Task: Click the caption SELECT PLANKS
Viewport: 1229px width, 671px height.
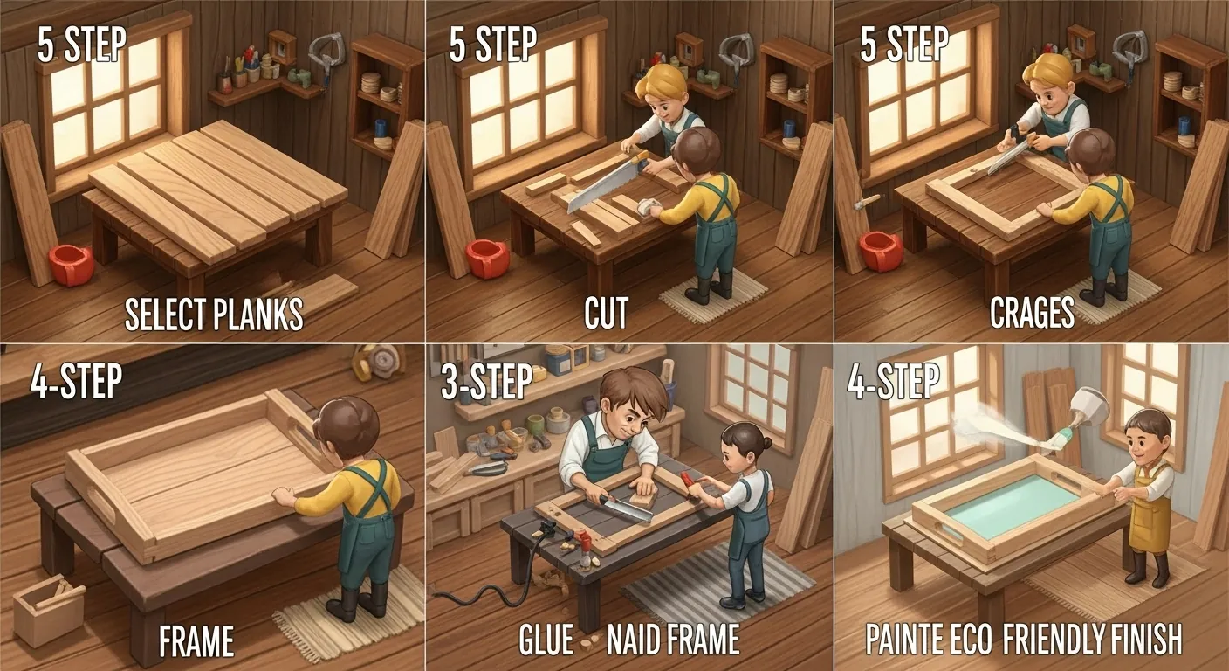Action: coord(214,314)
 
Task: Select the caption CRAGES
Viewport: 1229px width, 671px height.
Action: coord(1032,314)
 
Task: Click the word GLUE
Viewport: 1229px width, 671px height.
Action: coord(546,640)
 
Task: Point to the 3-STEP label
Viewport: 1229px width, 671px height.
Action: coord(487,382)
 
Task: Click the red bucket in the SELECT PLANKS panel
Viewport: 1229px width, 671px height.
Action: coord(70,265)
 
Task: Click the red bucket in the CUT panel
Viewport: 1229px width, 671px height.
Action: coord(487,259)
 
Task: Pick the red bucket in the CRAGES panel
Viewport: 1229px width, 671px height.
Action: coord(880,251)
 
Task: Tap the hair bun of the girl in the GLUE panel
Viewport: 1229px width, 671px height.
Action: coord(767,443)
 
